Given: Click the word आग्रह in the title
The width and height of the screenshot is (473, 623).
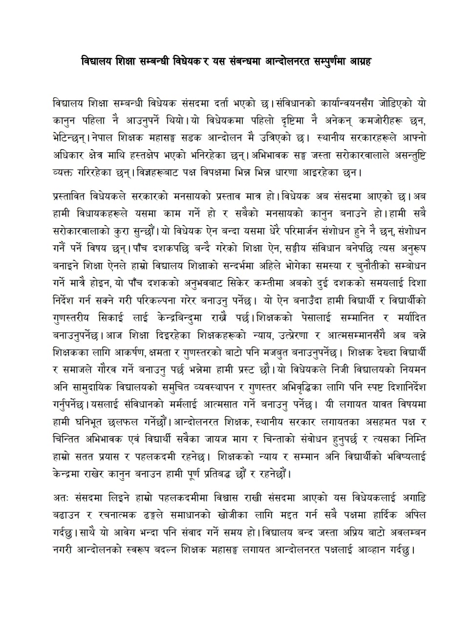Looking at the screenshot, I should tap(372, 62).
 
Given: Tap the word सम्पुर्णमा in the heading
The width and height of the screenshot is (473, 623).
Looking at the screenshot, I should tap(334, 62).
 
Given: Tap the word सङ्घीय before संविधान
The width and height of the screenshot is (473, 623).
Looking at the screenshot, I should tap(253, 248).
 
